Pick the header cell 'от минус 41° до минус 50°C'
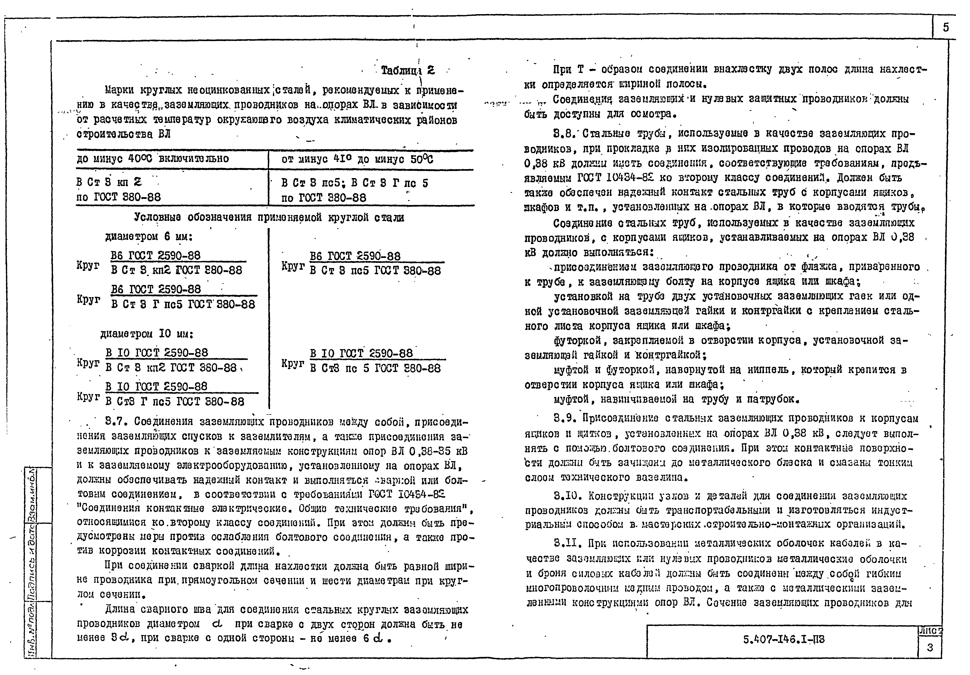pos(357,159)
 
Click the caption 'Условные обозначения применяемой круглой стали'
pos(269,217)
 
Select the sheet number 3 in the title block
pos(929,647)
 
